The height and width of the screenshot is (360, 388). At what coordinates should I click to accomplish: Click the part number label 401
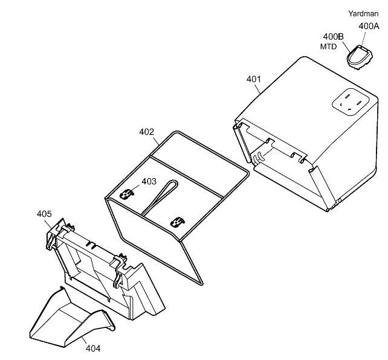pos(254,79)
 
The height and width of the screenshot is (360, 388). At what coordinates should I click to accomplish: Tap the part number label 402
pos(146,132)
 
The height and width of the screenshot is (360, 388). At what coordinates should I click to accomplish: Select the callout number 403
pos(149,182)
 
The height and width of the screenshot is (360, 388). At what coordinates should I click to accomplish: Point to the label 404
pos(93,349)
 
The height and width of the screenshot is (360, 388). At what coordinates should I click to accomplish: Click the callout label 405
pos(44,214)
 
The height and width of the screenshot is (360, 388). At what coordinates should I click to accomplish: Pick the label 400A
pos(369,26)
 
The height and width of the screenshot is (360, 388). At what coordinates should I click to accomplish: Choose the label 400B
pos(334,37)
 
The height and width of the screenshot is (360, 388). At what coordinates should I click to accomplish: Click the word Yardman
pos(363,14)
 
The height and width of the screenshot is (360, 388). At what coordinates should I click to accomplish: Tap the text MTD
pos(328,47)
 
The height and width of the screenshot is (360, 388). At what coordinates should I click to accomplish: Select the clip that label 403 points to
pos(127,194)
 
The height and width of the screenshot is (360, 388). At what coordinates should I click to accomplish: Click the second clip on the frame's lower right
pos(178,222)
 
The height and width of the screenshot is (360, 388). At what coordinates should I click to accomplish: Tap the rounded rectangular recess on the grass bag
pos(351,102)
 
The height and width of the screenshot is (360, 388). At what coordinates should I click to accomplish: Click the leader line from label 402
pos(156,141)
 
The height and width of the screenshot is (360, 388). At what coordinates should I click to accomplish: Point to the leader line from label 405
pos(48,223)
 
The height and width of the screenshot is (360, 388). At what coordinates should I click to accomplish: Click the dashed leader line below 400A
pos(363,38)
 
